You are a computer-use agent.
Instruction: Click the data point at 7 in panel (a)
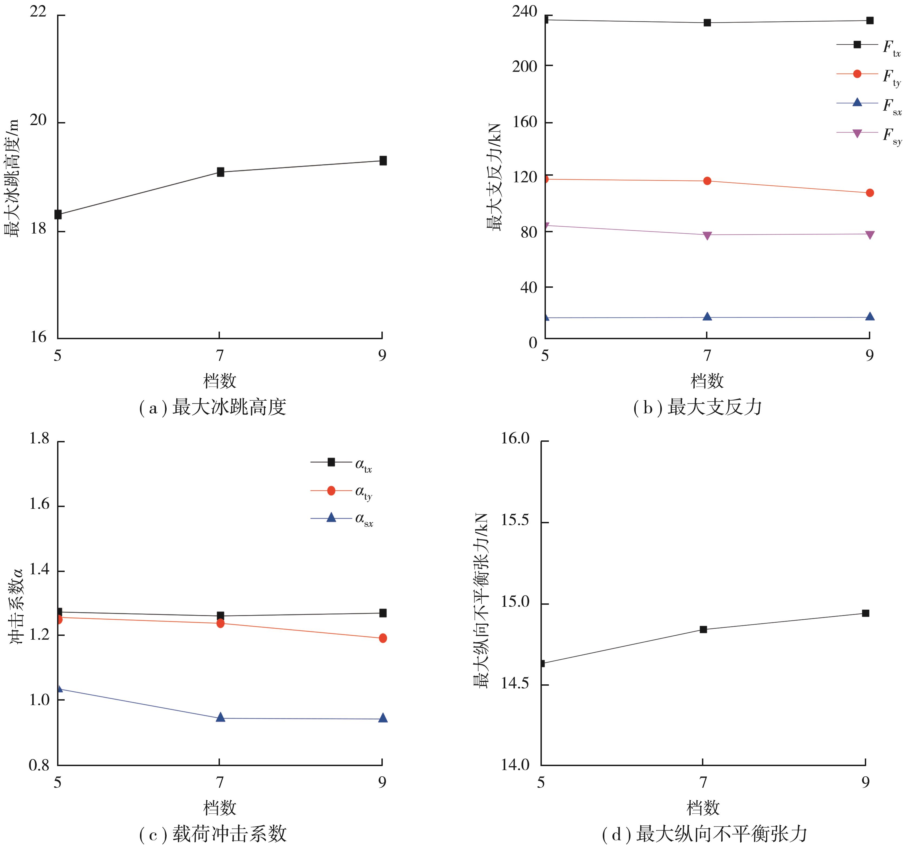[x=220, y=172]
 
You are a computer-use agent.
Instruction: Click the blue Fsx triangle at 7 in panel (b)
[x=707, y=316]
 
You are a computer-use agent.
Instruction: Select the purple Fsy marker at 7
[x=707, y=236]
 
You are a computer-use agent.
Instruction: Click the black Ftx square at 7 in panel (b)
[x=707, y=22]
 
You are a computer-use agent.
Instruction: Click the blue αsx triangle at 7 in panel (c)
[x=220, y=717]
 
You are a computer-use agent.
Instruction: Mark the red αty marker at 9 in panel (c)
[x=383, y=638]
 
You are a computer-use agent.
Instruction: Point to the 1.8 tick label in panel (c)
[x=39, y=439]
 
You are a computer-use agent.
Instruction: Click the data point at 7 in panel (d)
[x=703, y=630]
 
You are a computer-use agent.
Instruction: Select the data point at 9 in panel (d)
[x=865, y=613]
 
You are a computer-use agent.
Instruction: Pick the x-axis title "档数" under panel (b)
[x=707, y=381]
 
